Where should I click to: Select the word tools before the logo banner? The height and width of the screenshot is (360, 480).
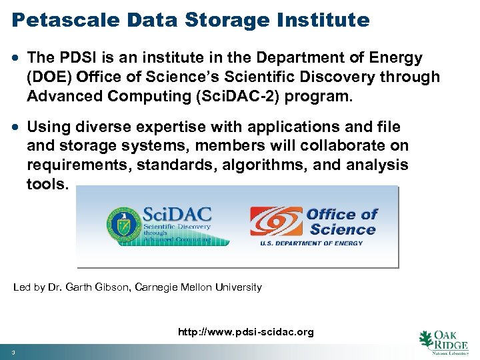coord(47,183)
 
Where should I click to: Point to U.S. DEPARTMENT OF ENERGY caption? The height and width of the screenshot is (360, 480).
coord(311,243)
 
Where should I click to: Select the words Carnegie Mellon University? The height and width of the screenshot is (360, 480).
coord(198,287)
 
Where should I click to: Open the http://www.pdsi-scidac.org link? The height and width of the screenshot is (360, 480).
coord(245,331)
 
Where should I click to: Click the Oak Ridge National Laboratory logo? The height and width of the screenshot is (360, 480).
coord(444,343)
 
